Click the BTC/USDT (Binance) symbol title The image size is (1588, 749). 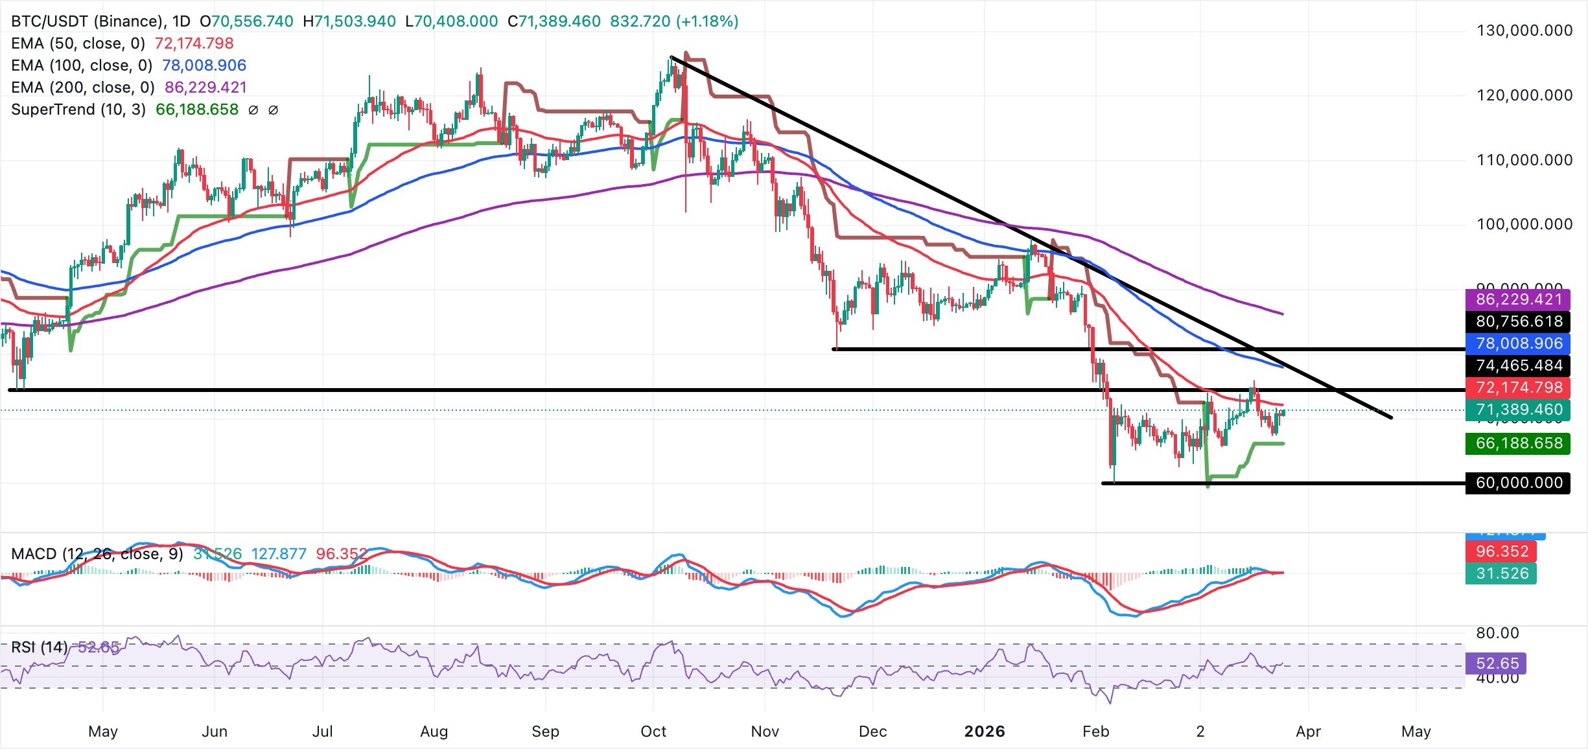pos(88,21)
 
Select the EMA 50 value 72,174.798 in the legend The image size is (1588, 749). pos(194,43)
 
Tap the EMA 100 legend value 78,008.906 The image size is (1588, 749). pos(204,65)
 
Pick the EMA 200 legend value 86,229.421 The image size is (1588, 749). pos(205,87)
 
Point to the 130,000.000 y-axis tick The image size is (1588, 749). pos(1524,30)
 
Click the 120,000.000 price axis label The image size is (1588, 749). pos(1524,95)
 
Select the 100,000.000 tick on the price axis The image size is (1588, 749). pos(1524,224)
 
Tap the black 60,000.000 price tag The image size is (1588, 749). pos(1518,483)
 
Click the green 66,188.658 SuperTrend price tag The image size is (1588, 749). pos(1518,443)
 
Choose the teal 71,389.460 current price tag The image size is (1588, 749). pos(1518,409)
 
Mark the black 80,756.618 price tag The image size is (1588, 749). pos(1518,321)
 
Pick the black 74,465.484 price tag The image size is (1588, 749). pos(1518,365)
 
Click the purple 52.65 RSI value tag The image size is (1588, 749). pos(1497,663)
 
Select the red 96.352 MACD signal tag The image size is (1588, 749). pos(1501,551)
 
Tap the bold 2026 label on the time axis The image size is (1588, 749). pos(984,732)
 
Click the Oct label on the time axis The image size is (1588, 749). pos(653,732)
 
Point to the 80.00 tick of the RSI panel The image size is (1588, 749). pos(1497,633)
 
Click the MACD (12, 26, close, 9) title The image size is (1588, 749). pos(97,554)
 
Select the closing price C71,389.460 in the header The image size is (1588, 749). pos(554,21)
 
